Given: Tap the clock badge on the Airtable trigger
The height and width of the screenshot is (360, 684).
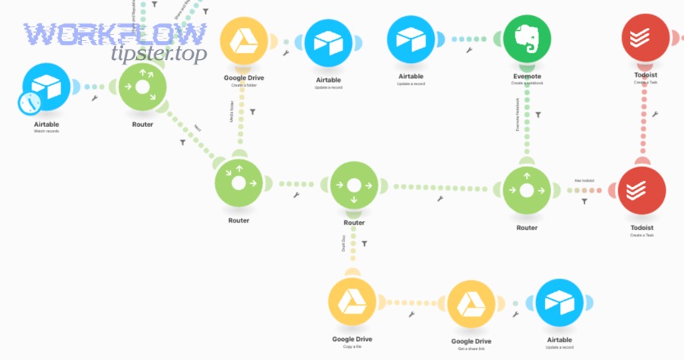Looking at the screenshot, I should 30,103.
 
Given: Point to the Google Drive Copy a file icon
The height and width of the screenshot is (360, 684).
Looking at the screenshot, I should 353,303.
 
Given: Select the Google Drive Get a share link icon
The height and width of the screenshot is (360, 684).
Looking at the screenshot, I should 472,304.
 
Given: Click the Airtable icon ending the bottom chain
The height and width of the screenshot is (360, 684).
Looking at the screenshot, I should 561,303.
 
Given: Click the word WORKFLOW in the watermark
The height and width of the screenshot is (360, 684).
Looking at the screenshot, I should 114,33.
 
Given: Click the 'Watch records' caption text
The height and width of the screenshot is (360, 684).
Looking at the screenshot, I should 46,131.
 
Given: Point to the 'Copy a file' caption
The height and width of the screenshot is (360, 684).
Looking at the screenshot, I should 353,347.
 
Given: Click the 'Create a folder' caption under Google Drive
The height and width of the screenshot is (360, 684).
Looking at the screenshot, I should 243,85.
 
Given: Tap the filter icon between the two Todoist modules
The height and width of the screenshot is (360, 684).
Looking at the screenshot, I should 654,114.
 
